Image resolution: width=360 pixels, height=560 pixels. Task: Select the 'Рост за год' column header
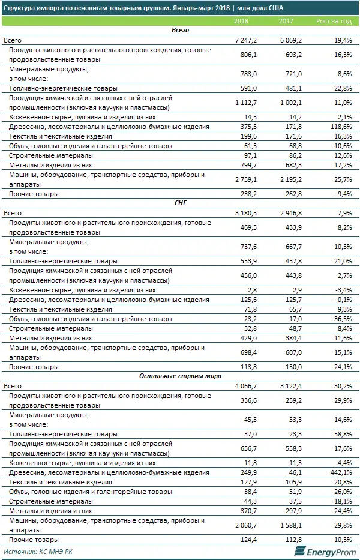[x=334, y=22]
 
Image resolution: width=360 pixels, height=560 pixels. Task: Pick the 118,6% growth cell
[x=338, y=127]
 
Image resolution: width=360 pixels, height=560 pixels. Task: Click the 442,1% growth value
[x=338, y=473]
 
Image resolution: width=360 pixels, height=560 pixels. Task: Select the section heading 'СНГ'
[x=180, y=203]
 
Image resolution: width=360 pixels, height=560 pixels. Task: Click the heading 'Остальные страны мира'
[x=180, y=376]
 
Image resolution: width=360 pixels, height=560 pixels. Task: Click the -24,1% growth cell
[x=340, y=367]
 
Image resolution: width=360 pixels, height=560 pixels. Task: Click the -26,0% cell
[x=340, y=492]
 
